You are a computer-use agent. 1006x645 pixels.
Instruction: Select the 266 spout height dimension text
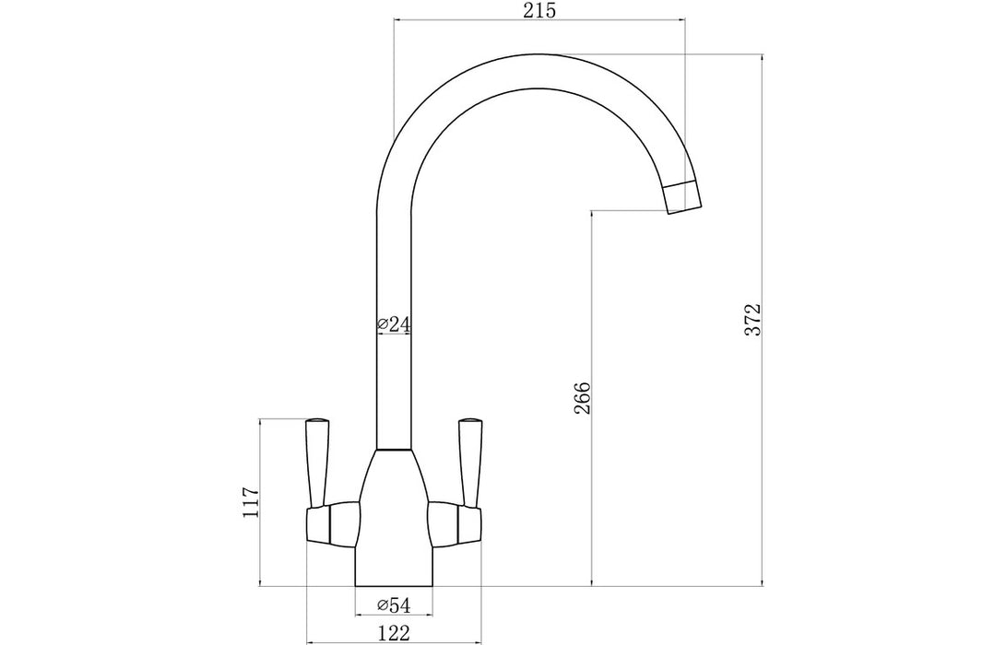click(582, 397)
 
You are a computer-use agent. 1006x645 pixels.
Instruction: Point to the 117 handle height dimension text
click(250, 502)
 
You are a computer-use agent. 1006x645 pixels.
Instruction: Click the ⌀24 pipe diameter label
click(394, 324)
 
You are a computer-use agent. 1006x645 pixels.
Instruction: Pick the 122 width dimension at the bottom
click(394, 632)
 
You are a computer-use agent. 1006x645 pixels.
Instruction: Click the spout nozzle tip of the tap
click(683, 197)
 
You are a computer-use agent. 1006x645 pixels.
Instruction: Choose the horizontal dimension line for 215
click(539, 20)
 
